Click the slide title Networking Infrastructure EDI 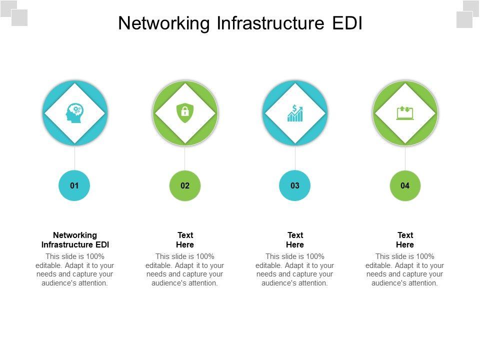(x=240, y=23)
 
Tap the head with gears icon (x=74, y=113)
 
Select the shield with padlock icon (x=185, y=113)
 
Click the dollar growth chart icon (x=295, y=113)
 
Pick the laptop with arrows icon (x=405, y=113)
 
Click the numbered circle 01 (x=74, y=185)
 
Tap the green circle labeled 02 (x=185, y=185)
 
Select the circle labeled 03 (x=295, y=185)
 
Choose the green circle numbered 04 (x=405, y=185)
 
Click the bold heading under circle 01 (x=75, y=240)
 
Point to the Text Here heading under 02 (x=185, y=240)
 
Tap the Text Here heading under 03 (x=295, y=240)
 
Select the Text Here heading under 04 (x=405, y=240)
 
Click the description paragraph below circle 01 (x=75, y=270)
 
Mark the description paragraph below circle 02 (x=185, y=270)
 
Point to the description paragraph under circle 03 (x=295, y=270)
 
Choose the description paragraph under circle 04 (x=405, y=270)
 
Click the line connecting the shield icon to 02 (x=185, y=158)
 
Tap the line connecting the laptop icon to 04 (x=405, y=158)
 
